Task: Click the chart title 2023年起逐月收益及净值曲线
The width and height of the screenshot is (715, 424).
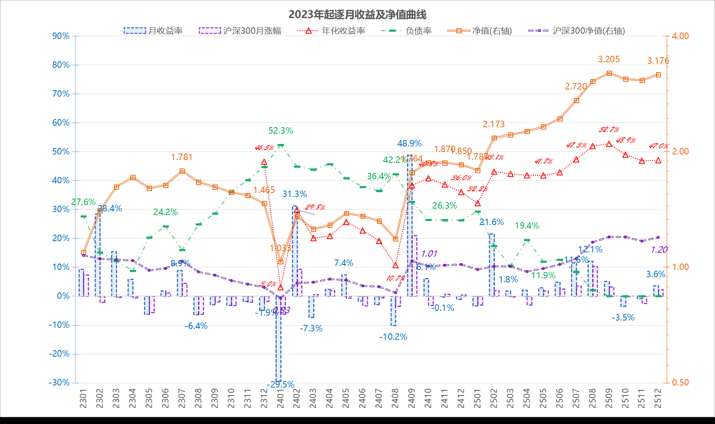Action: (x=357, y=14)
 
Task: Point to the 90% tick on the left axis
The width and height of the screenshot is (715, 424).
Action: (x=61, y=36)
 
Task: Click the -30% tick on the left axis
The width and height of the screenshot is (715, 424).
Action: (x=59, y=383)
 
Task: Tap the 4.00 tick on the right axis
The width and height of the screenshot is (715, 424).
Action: (x=681, y=36)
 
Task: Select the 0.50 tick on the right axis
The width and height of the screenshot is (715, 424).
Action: (x=681, y=383)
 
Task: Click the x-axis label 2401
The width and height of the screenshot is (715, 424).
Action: (x=280, y=398)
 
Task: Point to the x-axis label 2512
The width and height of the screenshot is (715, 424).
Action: (x=658, y=398)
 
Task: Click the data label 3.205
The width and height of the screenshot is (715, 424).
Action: (x=609, y=59)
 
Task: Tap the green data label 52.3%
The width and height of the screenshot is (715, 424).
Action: (x=281, y=131)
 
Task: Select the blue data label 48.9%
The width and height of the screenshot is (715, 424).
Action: (x=409, y=144)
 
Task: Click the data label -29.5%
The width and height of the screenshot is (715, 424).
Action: (x=281, y=385)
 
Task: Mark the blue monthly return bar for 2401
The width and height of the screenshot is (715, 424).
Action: (x=278, y=339)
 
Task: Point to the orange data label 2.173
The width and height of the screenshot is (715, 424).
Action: (x=494, y=124)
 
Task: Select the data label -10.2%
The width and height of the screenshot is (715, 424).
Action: (x=393, y=337)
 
